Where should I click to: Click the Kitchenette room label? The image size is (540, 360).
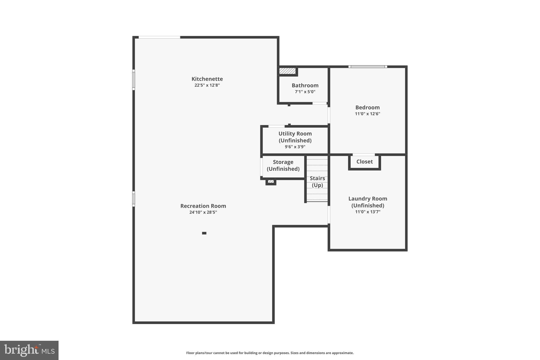click(x=207, y=79)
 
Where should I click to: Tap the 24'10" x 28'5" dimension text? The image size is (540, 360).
click(x=203, y=212)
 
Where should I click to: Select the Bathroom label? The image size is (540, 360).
click(x=305, y=85)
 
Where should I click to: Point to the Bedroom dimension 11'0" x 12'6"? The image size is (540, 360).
click(x=367, y=114)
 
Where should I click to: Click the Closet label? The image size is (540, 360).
click(x=364, y=162)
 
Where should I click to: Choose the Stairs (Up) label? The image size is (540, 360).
click(x=317, y=182)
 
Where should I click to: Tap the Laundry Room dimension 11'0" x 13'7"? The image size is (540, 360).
click(x=368, y=212)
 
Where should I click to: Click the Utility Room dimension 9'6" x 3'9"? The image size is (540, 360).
click(x=295, y=147)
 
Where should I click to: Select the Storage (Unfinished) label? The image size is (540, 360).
click(x=283, y=165)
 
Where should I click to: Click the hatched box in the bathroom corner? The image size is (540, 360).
click(x=287, y=71)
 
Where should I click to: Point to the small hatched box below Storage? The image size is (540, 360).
click(x=271, y=181)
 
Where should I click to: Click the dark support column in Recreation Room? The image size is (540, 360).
click(x=204, y=233)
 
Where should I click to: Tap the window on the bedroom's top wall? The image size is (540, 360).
click(x=368, y=67)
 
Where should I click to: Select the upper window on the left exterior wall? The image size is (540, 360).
click(x=134, y=80)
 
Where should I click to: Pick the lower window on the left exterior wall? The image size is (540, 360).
click(x=134, y=199)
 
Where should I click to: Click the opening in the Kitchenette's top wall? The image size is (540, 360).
click(x=159, y=37)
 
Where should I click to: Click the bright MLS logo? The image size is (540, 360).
click(x=29, y=350)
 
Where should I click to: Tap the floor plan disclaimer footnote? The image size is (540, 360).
click(x=270, y=353)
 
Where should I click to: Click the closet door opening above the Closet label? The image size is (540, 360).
click(x=364, y=155)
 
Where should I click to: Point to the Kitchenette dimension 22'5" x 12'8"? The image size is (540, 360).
click(x=207, y=85)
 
